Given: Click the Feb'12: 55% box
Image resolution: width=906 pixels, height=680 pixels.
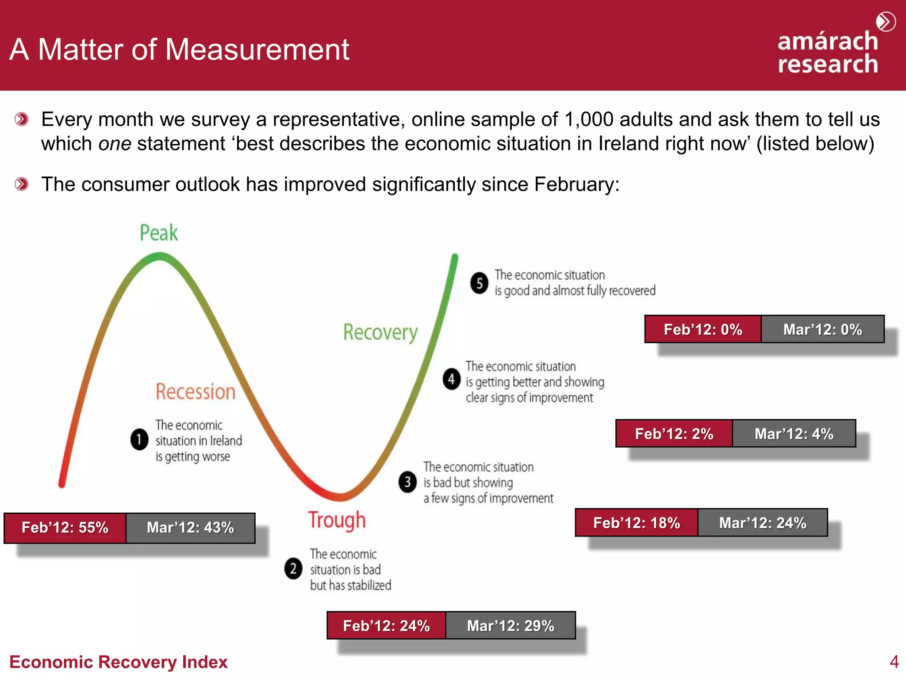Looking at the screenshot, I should tap(65, 528).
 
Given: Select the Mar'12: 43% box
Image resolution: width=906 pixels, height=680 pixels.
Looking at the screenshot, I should tap(190, 528).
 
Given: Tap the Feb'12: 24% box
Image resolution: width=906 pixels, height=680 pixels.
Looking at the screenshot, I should tap(386, 626).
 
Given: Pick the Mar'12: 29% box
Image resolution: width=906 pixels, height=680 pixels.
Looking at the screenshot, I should tap(511, 626).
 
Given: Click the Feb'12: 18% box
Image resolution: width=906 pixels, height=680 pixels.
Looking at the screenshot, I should tap(637, 523).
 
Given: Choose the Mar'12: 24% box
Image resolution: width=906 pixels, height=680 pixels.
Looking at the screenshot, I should tap(763, 523).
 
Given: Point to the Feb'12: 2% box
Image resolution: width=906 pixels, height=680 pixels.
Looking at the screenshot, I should tap(674, 433).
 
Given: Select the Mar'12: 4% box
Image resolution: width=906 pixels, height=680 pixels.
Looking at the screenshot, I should tap(794, 433).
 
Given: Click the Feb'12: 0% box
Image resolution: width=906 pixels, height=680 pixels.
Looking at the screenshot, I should tap(703, 329).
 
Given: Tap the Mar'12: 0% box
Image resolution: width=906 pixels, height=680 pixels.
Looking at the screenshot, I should tap(823, 329).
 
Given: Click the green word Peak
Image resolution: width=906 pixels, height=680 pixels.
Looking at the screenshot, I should tap(159, 233).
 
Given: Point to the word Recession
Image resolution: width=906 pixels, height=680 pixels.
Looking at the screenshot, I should tap(196, 392).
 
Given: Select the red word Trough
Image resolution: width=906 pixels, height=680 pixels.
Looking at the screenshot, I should tap(337, 520).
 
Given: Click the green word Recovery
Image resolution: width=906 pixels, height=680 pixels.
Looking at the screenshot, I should tap(380, 332).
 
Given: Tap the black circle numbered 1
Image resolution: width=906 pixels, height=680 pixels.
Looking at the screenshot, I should tap(139, 439).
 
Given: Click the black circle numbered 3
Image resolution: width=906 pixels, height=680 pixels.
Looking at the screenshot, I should tap(407, 482).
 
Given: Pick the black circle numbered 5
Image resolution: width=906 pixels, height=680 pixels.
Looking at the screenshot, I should tap(479, 283).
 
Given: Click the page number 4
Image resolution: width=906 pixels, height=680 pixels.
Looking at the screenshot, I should tap(894, 662).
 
